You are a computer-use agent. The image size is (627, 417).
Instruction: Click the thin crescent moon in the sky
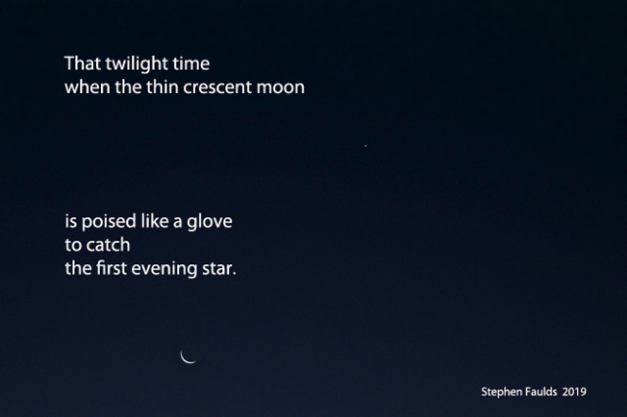click(x=185, y=359)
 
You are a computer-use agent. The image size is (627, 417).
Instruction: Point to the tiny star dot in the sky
click(x=365, y=146)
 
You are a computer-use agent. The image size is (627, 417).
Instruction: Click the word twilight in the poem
click(x=136, y=64)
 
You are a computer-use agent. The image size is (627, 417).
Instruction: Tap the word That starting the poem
click(x=82, y=64)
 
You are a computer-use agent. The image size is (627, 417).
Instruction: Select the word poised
click(x=109, y=222)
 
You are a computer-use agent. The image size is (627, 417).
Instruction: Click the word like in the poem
click(x=155, y=221)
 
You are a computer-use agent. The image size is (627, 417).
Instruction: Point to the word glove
click(x=210, y=222)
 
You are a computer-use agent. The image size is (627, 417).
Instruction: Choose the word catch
click(x=109, y=245)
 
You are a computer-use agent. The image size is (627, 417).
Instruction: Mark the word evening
click(x=165, y=269)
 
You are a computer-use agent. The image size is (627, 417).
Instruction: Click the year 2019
click(x=574, y=392)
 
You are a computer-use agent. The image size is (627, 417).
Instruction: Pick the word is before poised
click(x=71, y=221)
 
